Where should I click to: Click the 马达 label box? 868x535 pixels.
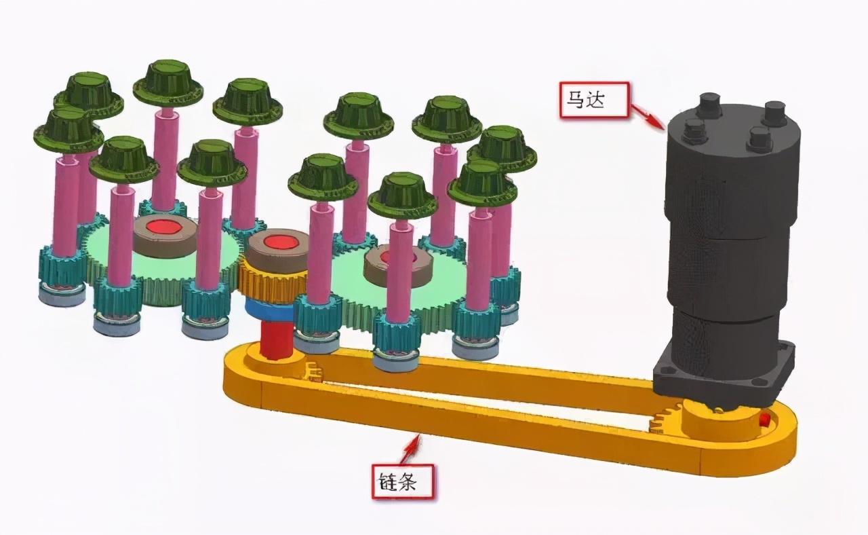[x=593, y=99]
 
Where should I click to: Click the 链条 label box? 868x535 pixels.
[x=403, y=481]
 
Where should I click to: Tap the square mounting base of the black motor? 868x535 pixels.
[x=723, y=373]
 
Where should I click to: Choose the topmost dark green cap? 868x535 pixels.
[x=168, y=84]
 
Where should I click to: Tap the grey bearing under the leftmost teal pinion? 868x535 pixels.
[x=62, y=295]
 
